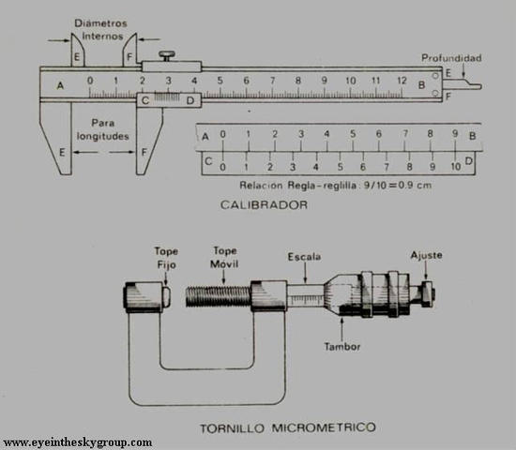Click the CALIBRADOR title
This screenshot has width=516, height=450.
(x=264, y=205)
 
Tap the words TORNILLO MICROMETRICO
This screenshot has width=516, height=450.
(x=288, y=427)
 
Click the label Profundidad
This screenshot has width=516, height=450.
(x=451, y=58)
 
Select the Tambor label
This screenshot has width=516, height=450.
(x=342, y=346)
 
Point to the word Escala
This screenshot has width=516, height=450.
(x=304, y=257)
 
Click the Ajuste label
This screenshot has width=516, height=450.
(x=426, y=255)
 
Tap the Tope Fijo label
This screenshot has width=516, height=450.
(x=166, y=258)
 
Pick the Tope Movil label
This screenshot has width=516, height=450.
(x=224, y=257)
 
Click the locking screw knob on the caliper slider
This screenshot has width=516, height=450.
(x=167, y=56)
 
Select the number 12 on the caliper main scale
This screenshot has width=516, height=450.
(x=402, y=81)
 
